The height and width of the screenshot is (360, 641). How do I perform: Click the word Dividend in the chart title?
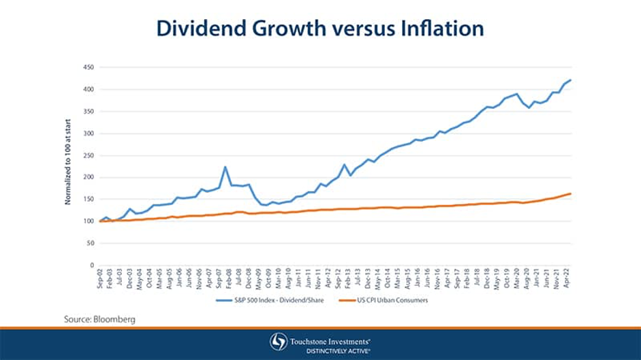200,28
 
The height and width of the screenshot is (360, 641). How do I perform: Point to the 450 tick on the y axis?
88,67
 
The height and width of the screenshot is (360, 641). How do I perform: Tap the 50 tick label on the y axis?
90,243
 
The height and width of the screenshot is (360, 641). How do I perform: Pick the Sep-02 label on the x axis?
99,279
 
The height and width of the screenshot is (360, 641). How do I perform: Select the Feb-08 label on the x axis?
225,279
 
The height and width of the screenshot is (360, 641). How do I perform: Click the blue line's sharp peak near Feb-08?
225,166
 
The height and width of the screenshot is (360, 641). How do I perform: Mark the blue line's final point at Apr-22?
570,80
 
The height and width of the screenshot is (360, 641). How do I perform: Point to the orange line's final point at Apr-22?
570,194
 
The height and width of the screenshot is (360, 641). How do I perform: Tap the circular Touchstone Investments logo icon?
279,342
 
